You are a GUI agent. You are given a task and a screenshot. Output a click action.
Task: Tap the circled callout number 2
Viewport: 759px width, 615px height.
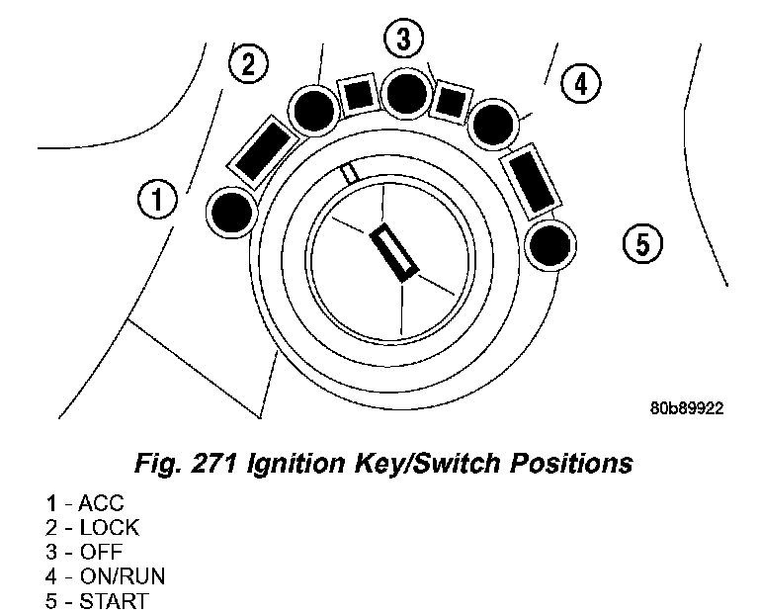[x=247, y=64]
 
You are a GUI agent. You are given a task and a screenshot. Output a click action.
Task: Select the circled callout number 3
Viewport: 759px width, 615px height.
[x=403, y=40]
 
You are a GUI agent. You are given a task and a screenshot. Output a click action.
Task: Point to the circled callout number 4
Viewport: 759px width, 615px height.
[x=580, y=84]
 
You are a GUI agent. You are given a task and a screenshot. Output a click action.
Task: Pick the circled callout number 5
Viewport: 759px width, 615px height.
[x=642, y=241]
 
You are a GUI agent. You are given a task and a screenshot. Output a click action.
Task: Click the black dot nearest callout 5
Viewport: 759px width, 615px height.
[x=548, y=242]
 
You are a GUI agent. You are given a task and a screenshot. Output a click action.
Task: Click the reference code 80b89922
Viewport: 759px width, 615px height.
[x=686, y=407]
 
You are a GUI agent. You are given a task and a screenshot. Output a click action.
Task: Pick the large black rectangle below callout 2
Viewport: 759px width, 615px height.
[x=262, y=151]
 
